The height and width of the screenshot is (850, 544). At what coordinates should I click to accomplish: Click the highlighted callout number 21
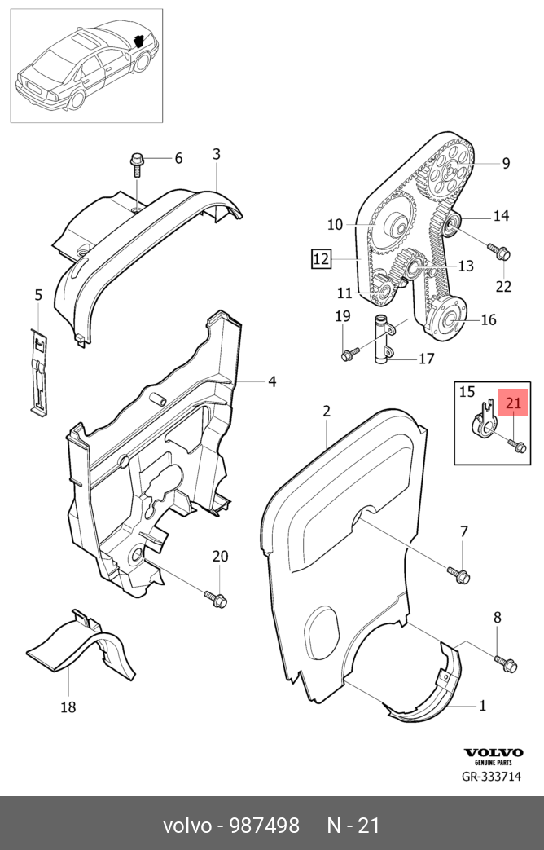tap(515, 403)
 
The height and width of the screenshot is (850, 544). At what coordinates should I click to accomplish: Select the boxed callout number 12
tap(322, 259)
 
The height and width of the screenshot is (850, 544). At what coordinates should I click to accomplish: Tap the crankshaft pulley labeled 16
tap(448, 320)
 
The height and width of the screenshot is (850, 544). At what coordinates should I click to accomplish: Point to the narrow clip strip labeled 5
tap(37, 371)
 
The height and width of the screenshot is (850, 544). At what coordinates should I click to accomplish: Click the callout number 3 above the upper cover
tap(217, 154)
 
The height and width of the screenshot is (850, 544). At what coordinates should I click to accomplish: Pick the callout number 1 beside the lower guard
tap(482, 705)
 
